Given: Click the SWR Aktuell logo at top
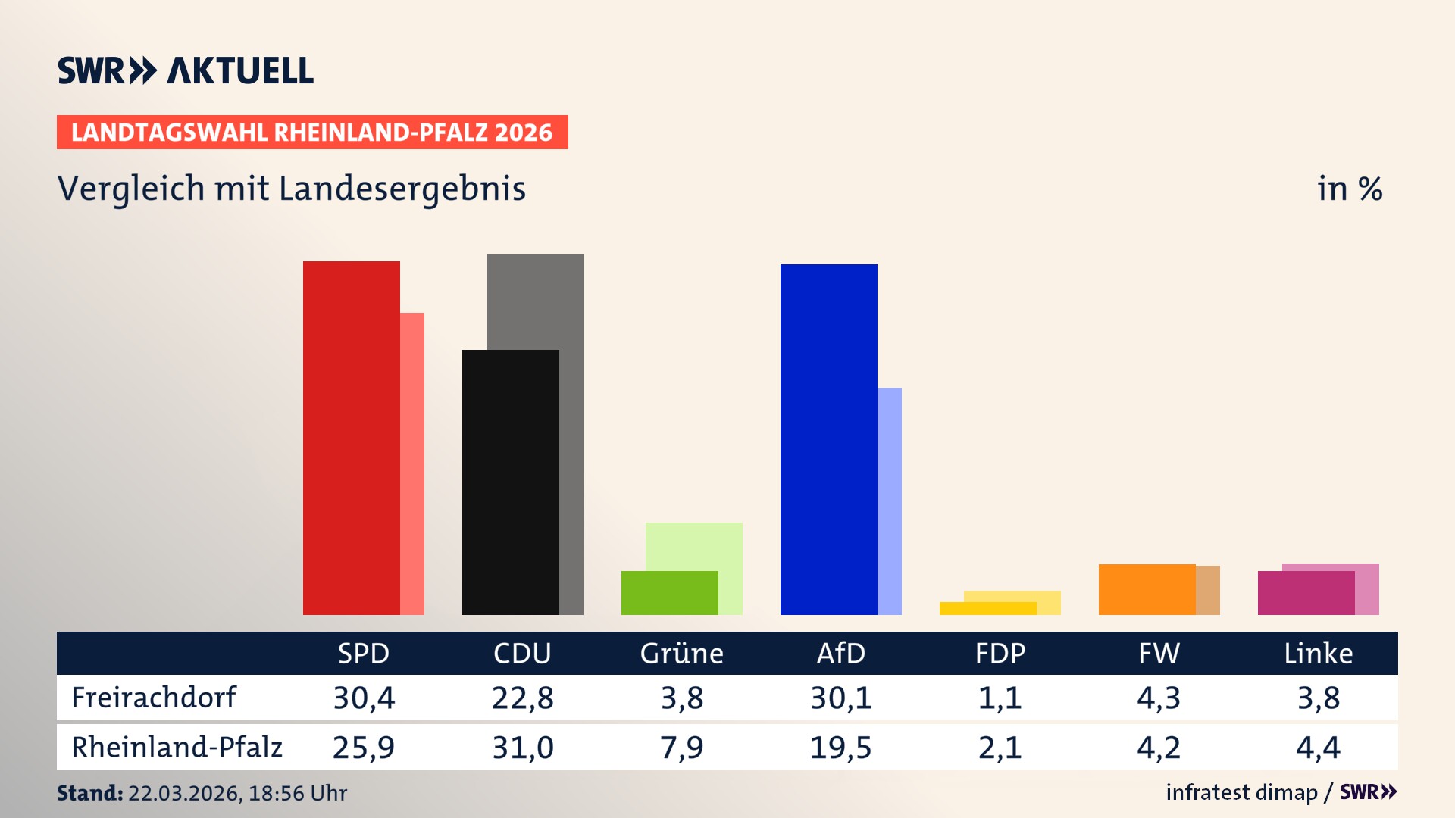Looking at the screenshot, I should point(185,70).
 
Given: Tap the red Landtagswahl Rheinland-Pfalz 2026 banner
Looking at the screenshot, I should point(311,133).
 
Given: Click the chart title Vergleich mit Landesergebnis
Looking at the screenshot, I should point(291,189).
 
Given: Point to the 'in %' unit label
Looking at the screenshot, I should point(1349,189).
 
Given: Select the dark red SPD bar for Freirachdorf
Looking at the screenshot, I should point(351,438).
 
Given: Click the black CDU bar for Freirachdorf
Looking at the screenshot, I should point(510,482).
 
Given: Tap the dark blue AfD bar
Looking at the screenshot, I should point(828,439).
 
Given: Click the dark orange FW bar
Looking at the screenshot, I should point(1147,589).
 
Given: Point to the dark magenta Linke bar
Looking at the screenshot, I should point(1306,593).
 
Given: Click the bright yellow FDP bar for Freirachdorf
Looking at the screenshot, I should point(987,608).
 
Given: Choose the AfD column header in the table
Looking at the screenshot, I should point(840,654).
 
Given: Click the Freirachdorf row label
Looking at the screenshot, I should point(154,698).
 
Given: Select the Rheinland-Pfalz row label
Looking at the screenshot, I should point(177,748).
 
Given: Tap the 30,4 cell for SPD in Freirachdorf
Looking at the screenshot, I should point(364,698).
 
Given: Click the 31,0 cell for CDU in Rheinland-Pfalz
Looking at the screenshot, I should point(523,748).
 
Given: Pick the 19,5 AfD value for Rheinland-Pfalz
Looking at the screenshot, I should point(840,748).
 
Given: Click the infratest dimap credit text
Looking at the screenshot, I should point(1241,792).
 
